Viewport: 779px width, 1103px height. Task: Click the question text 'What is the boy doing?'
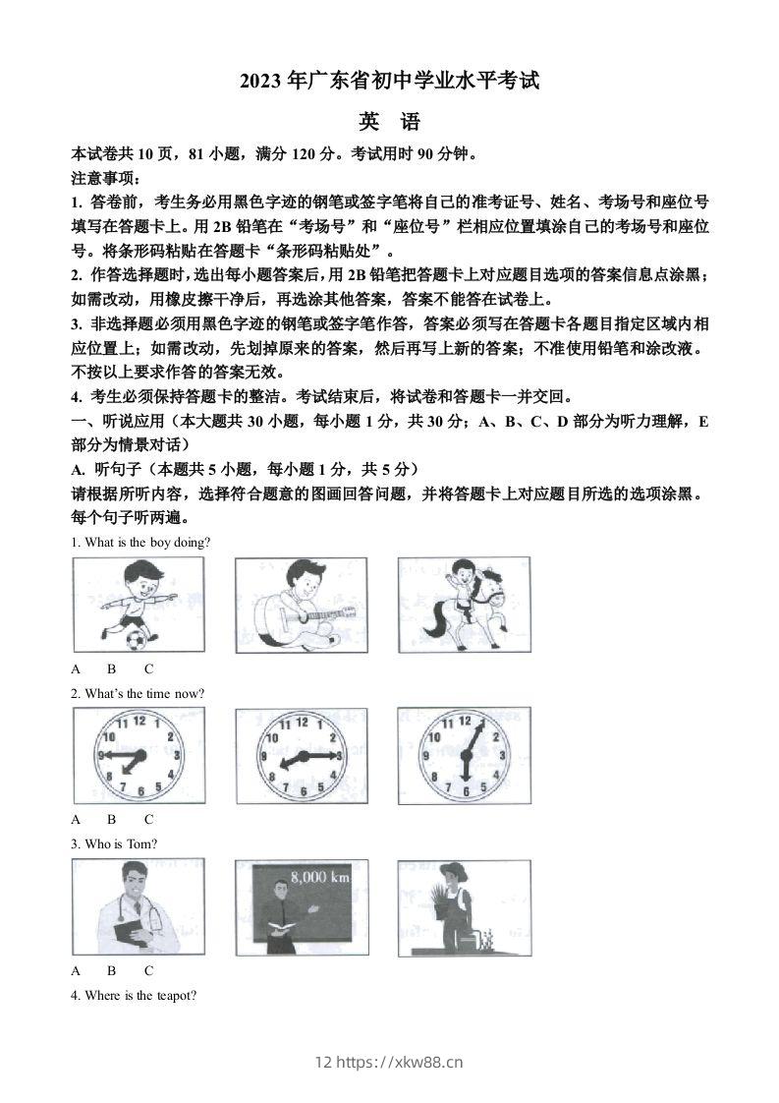coord(140,543)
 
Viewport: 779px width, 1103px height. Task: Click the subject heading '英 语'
coord(389,122)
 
